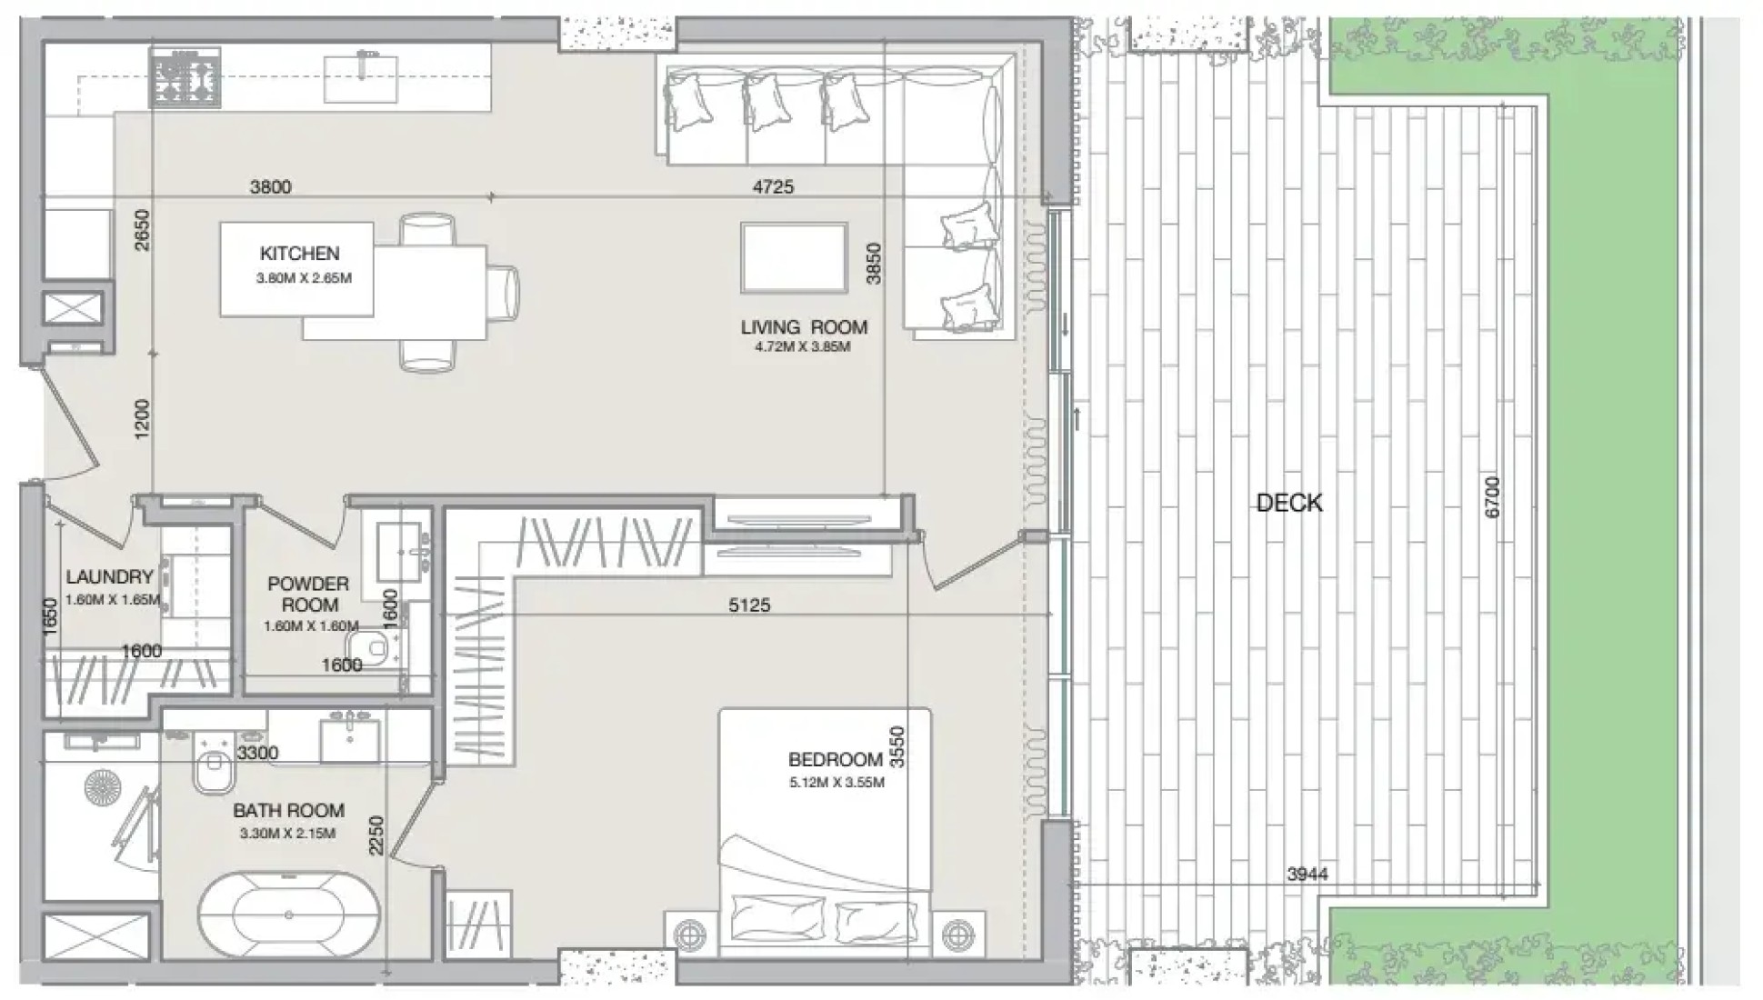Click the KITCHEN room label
point(299,254)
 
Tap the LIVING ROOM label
point(804,327)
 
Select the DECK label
point(1288,503)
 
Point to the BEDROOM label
point(836,759)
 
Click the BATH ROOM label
point(288,810)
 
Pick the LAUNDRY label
point(109,576)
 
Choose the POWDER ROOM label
point(309,595)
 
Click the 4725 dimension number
point(773,186)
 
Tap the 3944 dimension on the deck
point(1307,874)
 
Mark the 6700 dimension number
point(1492,497)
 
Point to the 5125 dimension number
point(749,605)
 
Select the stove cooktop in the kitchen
point(185,78)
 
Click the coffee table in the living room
point(794,258)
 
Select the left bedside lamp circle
point(688,934)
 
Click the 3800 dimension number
point(271,186)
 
